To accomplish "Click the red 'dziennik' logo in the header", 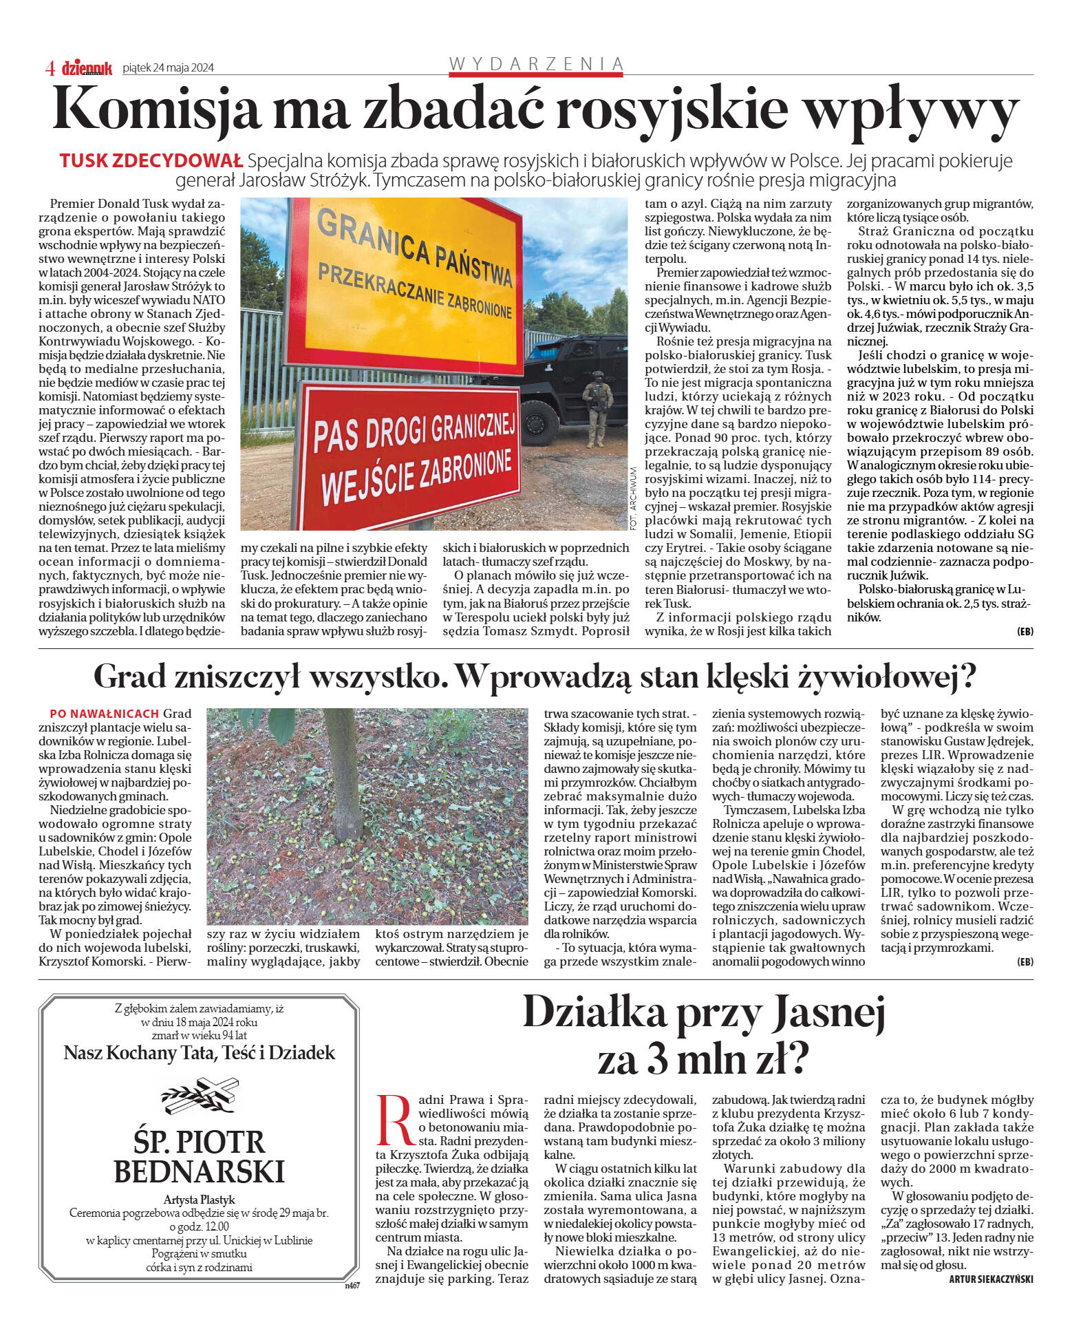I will point(87,67).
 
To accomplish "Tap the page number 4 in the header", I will point(50,68).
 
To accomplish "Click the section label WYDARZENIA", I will point(536,64).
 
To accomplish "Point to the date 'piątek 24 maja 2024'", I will point(168,67).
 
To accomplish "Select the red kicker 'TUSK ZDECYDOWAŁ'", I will point(151,161).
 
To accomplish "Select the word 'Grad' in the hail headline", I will point(129,677).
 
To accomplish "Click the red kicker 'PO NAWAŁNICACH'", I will point(104,714).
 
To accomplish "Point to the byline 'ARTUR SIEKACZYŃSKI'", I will point(991,1279).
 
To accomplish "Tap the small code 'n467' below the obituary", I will point(352,1284).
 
